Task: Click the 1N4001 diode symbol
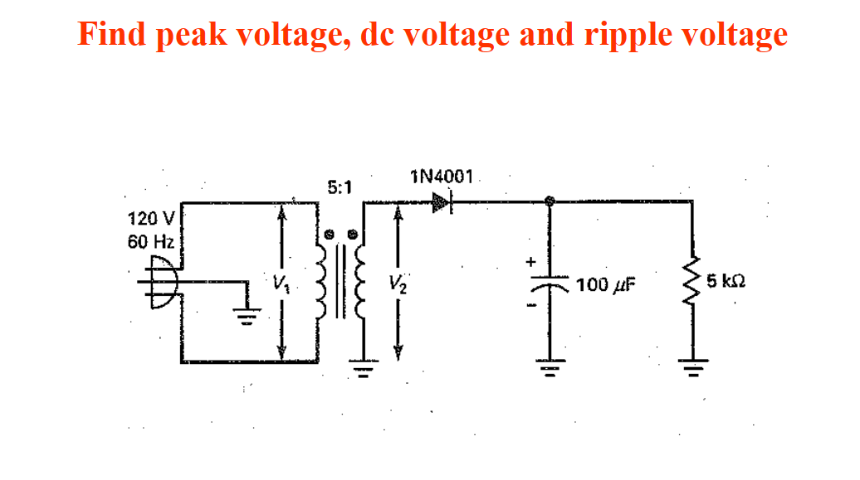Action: pos(442,201)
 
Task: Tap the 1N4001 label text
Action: pos(442,176)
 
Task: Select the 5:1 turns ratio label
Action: pos(340,187)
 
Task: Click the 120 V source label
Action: pos(150,220)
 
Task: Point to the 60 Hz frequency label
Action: pos(150,243)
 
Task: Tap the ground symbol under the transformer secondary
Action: pos(363,366)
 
